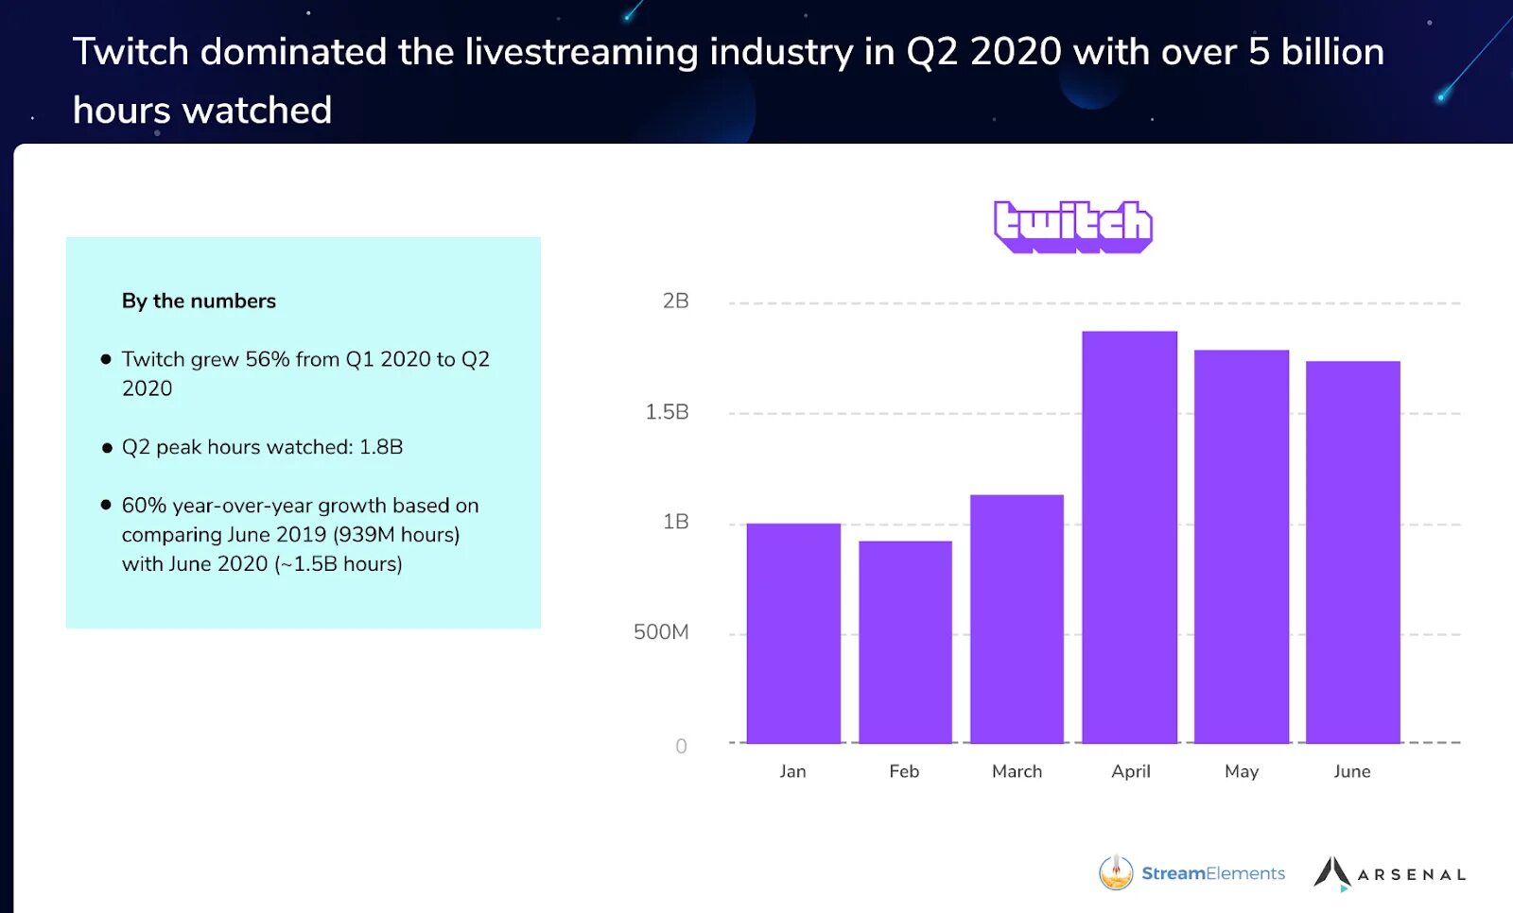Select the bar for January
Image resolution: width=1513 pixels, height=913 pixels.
[x=793, y=632]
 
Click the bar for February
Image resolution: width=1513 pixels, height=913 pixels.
[x=905, y=642]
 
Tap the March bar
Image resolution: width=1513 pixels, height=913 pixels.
[x=1017, y=618]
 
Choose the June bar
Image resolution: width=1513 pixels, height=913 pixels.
[x=1352, y=552]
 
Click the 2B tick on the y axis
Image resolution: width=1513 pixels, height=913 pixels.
[x=675, y=301]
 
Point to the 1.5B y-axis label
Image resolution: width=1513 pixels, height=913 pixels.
[x=667, y=412]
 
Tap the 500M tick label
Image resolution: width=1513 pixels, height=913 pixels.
[x=661, y=632]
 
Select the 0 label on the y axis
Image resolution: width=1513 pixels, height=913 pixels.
[x=681, y=747]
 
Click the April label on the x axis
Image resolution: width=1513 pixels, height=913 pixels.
[x=1131, y=771]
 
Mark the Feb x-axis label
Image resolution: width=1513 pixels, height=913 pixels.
[x=904, y=771]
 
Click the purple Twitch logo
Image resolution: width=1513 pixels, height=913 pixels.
[x=1072, y=227]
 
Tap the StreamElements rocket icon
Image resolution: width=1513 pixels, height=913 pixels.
[x=1116, y=872]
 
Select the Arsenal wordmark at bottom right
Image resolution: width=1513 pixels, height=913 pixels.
[x=1411, y=875]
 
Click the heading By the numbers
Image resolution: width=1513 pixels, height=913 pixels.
[x=199, y=301]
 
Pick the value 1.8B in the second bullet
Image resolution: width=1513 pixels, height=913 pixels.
[x=381, y=447]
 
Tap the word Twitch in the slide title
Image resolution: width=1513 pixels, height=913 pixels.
[x=130, y=52]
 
